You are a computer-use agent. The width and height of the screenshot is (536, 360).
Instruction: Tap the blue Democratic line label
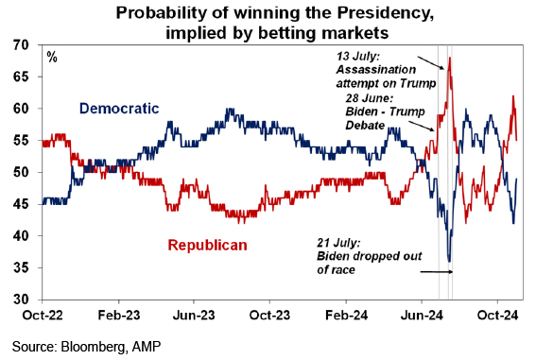[119, 109]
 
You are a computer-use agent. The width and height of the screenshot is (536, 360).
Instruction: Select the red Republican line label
[207, 246]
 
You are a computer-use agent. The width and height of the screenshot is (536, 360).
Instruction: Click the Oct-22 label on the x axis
[43, 315]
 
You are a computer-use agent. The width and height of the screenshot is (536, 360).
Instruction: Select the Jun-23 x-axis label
[194, 315]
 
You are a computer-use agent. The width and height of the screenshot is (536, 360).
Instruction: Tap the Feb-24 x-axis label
[346, 315]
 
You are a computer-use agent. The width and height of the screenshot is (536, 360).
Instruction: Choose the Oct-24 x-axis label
[497, 315]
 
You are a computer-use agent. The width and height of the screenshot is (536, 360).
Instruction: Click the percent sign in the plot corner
[52, 57]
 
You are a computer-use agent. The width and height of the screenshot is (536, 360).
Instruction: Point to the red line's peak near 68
[450, 58]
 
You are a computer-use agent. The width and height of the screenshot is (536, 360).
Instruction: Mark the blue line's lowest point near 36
[449, 262]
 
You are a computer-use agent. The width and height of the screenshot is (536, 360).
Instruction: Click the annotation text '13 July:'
[355, 56]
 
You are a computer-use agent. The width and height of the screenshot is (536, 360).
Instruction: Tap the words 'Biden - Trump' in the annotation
[385, 111]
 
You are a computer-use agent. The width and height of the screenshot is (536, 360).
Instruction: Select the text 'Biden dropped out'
[370, 256]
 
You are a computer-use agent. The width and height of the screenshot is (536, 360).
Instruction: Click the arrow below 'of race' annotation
[437, 272]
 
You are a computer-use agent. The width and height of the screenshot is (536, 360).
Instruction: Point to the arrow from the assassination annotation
[431, 62]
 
